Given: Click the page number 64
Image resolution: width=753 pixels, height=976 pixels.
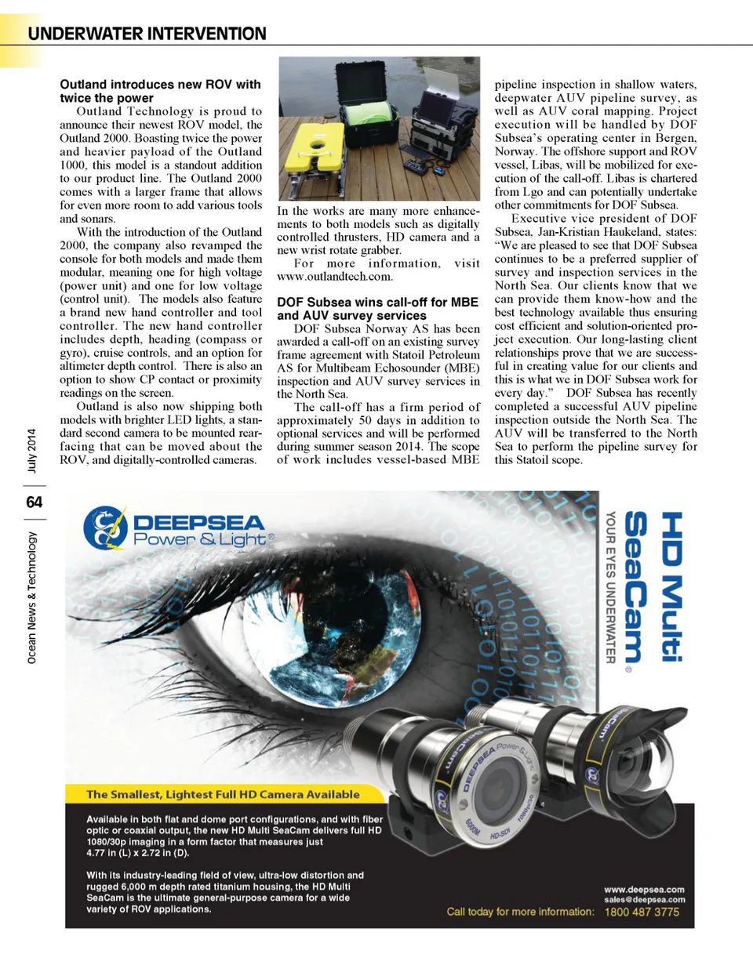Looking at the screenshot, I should (x=34, y=502).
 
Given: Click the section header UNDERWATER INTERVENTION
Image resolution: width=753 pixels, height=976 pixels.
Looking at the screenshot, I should (x=147, y=34).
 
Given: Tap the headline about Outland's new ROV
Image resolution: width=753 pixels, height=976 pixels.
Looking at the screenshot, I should (x=160, y=91).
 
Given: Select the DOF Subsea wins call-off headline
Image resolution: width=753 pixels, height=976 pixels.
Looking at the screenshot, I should (x=377, y=308).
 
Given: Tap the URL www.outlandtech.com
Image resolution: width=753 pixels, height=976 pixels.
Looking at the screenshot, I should (x=335, y=277).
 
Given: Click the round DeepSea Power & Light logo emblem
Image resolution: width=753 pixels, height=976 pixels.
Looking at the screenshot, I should (x=105, y=528).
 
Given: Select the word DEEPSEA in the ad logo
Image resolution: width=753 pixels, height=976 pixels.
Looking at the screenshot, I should (x=199, y=523).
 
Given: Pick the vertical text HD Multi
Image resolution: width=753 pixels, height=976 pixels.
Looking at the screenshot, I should (x=671, y=586).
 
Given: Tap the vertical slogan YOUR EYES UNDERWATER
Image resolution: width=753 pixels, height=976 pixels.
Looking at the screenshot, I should (x=610, y=587).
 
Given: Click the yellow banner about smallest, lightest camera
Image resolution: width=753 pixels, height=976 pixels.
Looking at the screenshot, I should (x=223, y=794).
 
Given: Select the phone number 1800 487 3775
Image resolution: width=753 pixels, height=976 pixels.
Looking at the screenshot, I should (x=642, y=913).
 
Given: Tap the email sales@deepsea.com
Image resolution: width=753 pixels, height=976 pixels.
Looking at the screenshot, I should (x=644, y=900).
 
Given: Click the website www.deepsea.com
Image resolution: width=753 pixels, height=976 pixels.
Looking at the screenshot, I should (x=644, y=890).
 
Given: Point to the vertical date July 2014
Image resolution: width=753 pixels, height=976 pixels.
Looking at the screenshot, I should (x=32, y=451).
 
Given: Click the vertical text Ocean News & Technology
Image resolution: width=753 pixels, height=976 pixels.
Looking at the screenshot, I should (x=32, y=597).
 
